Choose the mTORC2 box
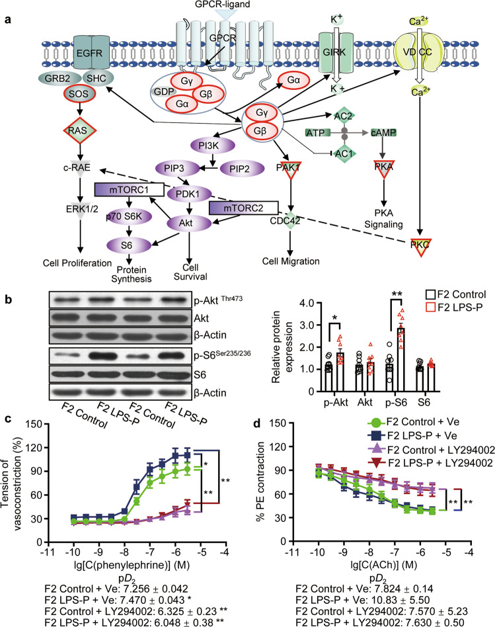coord(236,207)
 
